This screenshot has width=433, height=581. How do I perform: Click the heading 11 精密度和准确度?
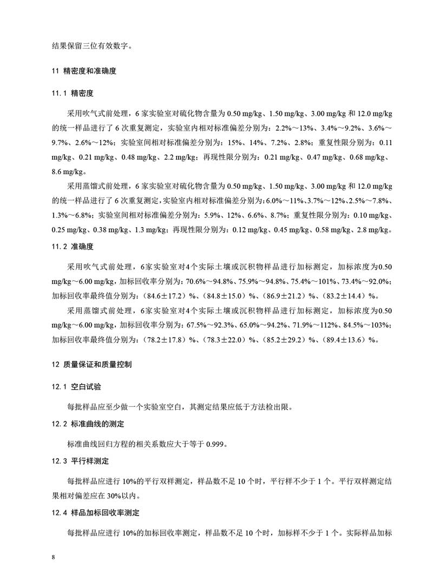tap(84, 71)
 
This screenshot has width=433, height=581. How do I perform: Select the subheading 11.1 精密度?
tap(73, 93)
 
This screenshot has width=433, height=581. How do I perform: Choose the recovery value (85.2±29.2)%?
tap(290, 340)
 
